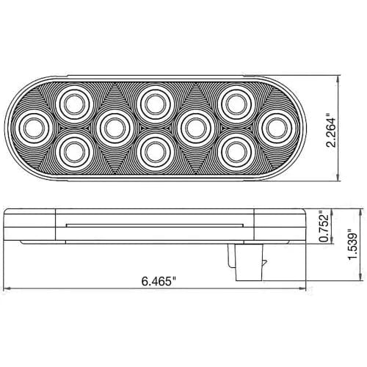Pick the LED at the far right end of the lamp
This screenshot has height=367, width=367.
275,128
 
